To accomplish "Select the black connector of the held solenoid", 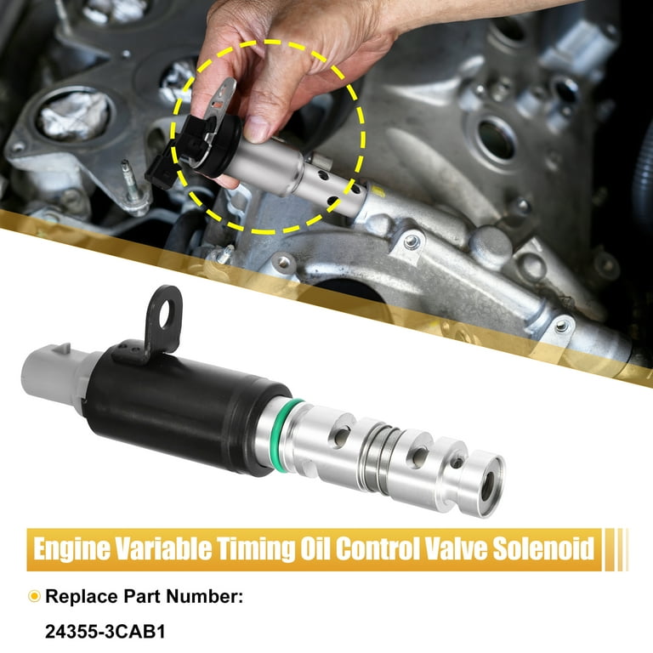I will [x=179, y=149].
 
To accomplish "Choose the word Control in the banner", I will [x=372, y=548].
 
